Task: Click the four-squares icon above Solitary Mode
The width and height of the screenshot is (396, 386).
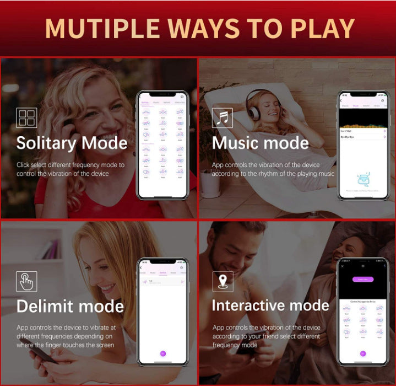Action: pos(26,117)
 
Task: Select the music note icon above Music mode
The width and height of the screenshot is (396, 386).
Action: pos(223,117)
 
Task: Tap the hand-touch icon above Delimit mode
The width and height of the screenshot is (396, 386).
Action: pos(26,281)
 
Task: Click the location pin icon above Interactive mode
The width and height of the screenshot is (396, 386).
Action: pos(223,281)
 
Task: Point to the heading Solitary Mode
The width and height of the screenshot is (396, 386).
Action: pos(72,143)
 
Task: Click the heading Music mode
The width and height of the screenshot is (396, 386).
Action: pos(261,143)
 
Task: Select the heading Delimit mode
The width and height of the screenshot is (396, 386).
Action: pos(70,306)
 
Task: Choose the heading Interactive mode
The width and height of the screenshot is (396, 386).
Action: pos(270,305)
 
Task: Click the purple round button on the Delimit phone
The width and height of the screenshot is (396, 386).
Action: pos(162,353)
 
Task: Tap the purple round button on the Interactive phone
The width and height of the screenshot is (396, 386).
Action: pos(362,353)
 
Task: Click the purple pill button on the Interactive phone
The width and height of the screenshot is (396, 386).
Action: pos(362,280)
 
